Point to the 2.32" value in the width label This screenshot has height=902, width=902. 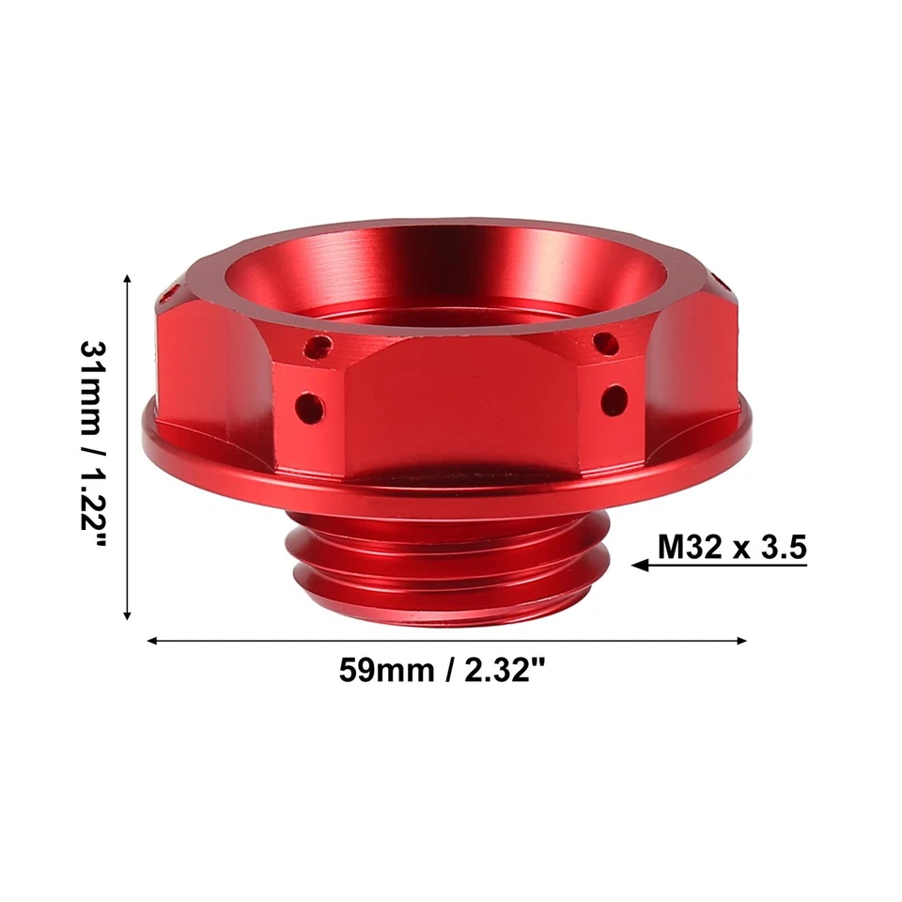coord(502,673)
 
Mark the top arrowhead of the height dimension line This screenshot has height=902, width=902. coord(128,278)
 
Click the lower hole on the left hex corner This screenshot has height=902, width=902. coord(308,407)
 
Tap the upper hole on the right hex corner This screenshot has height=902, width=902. coord(607,343)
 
